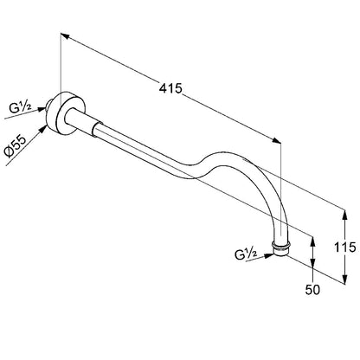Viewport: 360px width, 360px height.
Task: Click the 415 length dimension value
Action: (x=170, y=88)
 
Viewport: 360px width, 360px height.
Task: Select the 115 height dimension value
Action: (x=344, y=247)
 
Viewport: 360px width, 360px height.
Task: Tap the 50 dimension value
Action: (x=312, y=290)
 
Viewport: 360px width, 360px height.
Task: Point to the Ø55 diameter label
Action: (x=16, y=146)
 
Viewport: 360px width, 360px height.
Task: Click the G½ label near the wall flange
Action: (x=20, y=108)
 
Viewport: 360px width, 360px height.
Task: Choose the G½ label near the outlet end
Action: (x=246, y=254)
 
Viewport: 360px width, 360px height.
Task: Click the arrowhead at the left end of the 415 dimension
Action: (x=65, y=36)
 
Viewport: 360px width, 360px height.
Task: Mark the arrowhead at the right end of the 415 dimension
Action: (x=276, y=140)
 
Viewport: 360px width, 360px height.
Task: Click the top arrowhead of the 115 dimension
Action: (x=344, y=215)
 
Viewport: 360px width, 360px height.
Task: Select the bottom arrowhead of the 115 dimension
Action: (x=344, y=279)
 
